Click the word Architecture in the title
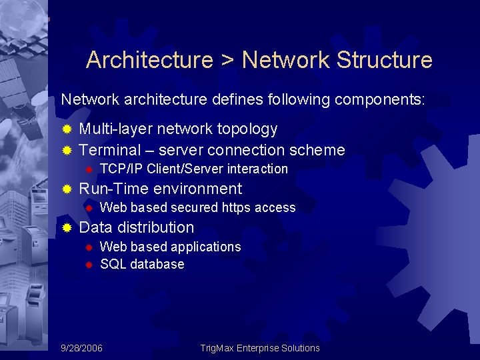(x=149, y=60)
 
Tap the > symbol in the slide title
(x=227, y=61)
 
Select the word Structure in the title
(x=385, y=60)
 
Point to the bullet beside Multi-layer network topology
(x=67, y=129)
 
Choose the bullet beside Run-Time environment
(x=67, y=189)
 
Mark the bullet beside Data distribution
(x=67, y=228)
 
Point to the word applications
(x=206, y=247)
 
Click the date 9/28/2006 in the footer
(x=81, y=348)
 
